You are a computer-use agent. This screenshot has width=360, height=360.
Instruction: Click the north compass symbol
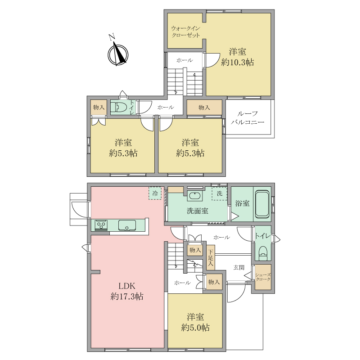click(x=118, y=54)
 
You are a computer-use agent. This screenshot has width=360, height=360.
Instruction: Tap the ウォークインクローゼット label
click(x=185, y=31)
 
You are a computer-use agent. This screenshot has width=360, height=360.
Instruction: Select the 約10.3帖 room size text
click(x=238, y=63)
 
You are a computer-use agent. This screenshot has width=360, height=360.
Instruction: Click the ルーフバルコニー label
click(x=247, y=118)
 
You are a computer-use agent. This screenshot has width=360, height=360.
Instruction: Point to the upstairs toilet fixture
click(x=119, y=107)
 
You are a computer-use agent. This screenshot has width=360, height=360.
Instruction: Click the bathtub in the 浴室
click(x=262, y=204)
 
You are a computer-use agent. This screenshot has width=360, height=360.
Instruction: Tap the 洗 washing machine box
click(x=220, y=193)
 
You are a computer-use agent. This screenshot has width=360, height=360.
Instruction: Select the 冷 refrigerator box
click(x=155, y=193)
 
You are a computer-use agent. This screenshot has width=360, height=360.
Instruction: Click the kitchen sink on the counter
click(x=127, y=225)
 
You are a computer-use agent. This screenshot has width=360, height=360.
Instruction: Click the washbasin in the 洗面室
click(x=195, y=196)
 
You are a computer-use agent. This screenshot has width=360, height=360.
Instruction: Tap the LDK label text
click(x=127, y=286)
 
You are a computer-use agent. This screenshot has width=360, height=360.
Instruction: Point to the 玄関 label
click(x=239, y=267)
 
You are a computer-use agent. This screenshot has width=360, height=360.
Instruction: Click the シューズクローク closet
click(x=263, y=277)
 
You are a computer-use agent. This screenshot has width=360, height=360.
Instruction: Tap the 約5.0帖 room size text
click(x=195, y=328)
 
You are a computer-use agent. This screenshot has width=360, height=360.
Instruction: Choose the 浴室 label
click(x=242, y=203)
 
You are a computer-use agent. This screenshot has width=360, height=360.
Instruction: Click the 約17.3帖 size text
click(x=127, y=297)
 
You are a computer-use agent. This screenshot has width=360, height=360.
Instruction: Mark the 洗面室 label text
click(x=198, y=211)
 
